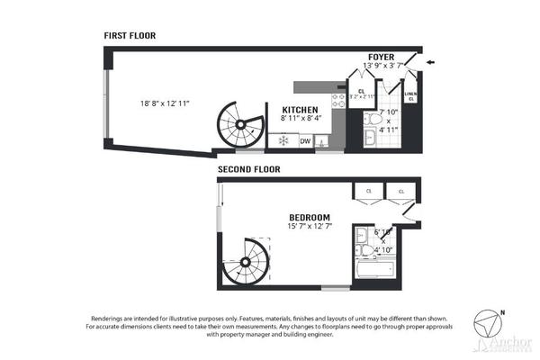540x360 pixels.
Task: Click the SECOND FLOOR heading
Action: (248, 168)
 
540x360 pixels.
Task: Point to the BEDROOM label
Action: (310, 218)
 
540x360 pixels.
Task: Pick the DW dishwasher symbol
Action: (305, 141)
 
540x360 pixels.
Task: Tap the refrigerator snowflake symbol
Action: (283, 141)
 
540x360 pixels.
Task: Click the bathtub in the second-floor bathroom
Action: (372, 269)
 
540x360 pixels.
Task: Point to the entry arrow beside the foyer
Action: (431, 61)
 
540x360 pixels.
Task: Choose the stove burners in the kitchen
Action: (337, 102)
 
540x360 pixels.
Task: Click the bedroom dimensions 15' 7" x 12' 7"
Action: (310, 229)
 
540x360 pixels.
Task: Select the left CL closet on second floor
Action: (368, 191)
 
